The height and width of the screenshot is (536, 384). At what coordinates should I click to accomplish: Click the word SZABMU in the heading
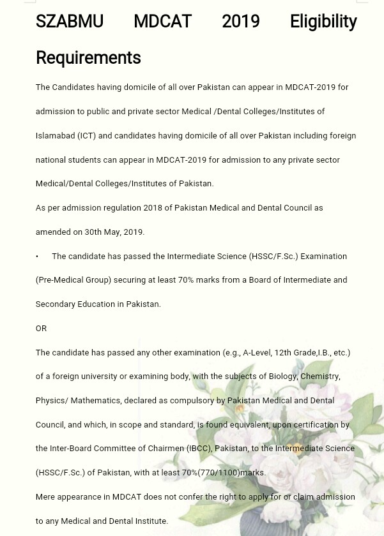[x=69, y=22]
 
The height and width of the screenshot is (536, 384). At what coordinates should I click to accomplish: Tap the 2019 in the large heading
[x=240, y=22]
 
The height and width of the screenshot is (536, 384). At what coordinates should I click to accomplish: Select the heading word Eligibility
[x=323, y=22]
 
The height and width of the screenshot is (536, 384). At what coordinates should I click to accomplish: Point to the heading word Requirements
[x=88, y=58]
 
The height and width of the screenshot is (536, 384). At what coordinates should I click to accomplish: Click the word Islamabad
[x=55, y=135]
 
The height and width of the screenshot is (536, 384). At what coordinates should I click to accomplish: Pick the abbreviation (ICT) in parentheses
[x=86, y=135]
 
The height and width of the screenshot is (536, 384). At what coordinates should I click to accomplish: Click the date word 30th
[x=93, y=232]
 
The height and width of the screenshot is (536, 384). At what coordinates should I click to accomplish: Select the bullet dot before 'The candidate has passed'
[x=37, y=257]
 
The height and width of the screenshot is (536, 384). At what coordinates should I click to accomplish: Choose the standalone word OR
[x=41, y=329]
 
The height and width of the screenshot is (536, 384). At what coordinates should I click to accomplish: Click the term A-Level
[x=257, y=353]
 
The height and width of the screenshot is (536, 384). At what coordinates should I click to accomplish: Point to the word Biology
[x=282, y=376]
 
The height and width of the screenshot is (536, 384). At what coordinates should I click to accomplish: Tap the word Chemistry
[x=320, y=376]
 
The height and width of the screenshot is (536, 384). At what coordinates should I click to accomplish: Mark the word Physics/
[x=52, y=401]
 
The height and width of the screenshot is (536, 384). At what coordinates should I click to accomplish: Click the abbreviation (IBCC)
[x=199, y=449]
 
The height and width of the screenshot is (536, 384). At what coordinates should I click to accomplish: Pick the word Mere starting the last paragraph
[x=45, y=497]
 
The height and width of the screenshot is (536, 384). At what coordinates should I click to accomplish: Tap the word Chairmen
[x=165, y=449]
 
